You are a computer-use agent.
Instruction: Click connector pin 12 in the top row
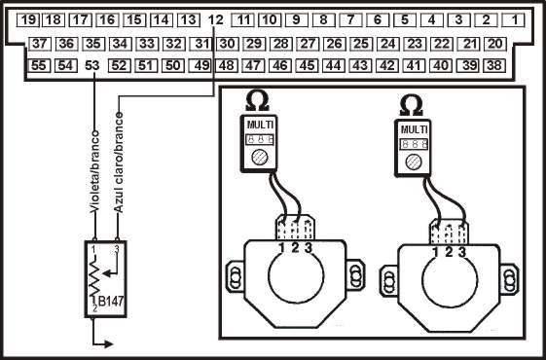[x=216, y=19]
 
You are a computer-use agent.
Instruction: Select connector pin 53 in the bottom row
[x=92, y=65]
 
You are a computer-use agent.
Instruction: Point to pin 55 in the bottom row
[x=40, y=65]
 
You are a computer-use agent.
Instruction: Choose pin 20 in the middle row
[x=494, y=44]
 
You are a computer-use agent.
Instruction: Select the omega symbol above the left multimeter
[x=258, y=100]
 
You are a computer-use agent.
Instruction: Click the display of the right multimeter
[x=414, y=142]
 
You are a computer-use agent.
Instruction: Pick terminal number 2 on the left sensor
[x=295, y=250]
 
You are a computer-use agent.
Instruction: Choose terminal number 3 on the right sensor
[x=461, y=252]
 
